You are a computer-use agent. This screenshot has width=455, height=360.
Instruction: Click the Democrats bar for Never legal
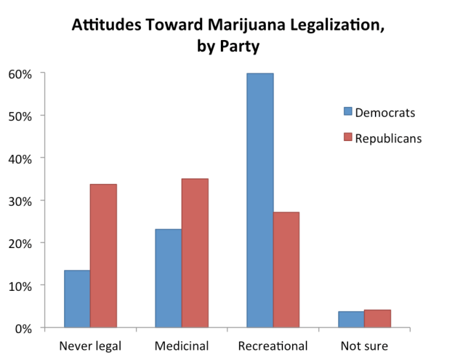point(77,299)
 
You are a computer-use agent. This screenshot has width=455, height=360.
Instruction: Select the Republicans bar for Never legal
point(103,256)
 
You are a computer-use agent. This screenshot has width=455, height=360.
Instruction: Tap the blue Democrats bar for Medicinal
point(168,278)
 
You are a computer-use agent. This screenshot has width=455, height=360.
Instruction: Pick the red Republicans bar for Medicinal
point(195,253)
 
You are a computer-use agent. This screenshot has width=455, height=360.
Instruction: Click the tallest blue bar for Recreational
point(260,200)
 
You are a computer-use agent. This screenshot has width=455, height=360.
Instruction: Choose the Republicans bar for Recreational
point(287,269)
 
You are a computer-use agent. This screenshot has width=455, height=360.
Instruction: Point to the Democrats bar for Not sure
point(351,319)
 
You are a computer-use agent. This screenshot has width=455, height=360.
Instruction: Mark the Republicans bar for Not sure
point(378,319)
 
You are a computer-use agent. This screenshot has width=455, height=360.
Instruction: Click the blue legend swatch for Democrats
point(347,113)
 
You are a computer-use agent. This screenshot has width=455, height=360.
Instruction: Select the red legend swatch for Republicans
point(347,138)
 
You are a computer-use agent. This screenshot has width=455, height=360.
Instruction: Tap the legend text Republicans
point(388,138)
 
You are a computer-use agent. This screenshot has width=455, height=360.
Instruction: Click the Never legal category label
point(90,345)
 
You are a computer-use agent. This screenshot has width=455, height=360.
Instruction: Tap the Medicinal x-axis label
point(182,345)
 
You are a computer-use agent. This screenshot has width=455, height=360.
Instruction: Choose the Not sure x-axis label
point(365,345)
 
